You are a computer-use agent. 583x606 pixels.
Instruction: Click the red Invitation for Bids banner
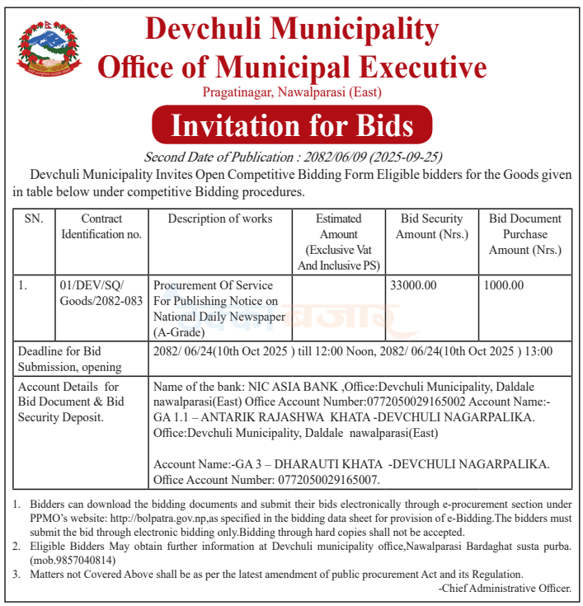pos(292,125)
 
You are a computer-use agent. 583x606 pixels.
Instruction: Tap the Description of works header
pos(220,219)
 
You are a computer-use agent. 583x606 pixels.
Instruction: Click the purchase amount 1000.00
pos(505,285)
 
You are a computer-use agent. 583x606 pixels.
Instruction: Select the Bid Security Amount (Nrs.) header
pos(431,227)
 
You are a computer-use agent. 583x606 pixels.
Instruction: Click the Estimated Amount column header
pos(338,242)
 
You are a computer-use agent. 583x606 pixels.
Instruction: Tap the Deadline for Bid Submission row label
pos(70,359)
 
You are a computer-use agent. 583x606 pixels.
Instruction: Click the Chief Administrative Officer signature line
pos(505,588)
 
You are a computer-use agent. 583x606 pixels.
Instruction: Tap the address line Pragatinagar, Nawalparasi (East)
pos(292,92)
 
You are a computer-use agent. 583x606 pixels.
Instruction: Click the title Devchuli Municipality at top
pos(292,30)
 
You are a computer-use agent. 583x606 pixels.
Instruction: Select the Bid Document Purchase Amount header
pos(524,234)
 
